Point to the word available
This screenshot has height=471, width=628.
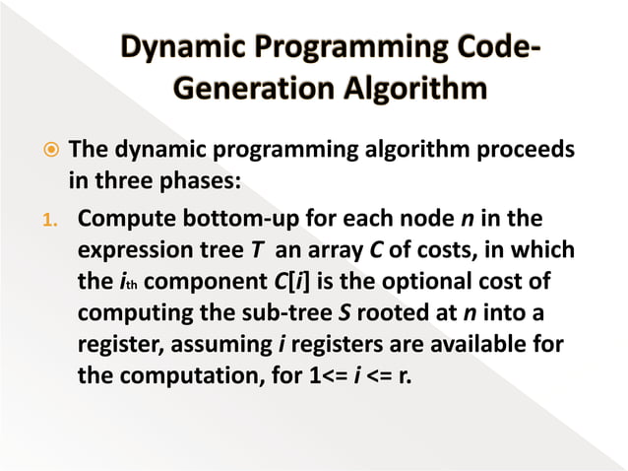tap(489, 346)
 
